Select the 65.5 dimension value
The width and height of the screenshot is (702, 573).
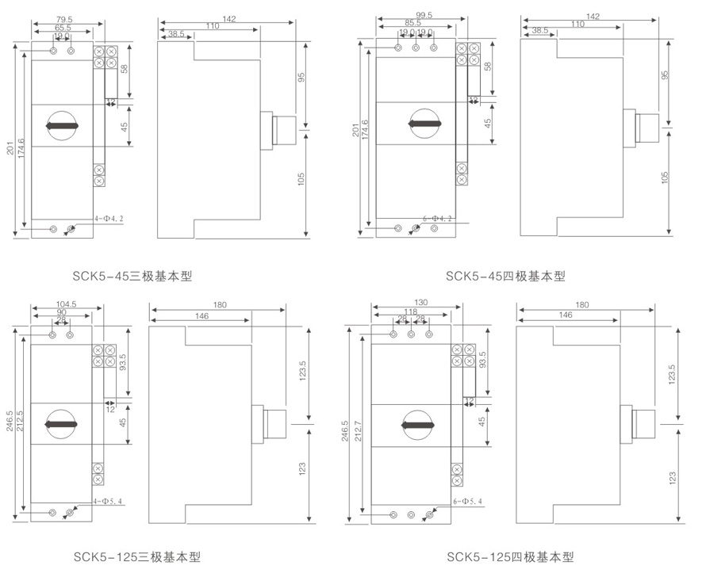[x=63, y=28]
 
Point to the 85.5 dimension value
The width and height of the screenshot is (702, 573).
[x=412, y=23]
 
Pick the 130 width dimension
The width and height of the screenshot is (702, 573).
[x=411, y=302]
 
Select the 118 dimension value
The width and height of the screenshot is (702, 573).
[x=411, y=311]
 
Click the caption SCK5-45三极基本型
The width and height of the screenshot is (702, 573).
[x=132, y=277]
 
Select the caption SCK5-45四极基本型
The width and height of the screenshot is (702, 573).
[x=505, y=277]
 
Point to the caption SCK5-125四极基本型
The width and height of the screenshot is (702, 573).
[x=509, y=557]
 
